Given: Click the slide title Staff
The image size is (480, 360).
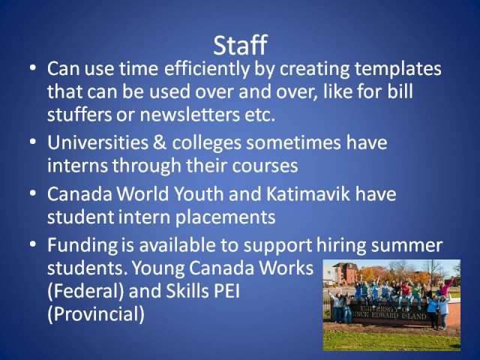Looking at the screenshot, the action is click(x=240, y=45).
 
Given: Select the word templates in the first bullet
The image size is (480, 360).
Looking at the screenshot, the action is click(x=398, y=69).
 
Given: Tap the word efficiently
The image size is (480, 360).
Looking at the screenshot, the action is click(x=207, y=69).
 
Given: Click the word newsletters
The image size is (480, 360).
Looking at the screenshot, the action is click(x=190, y=115).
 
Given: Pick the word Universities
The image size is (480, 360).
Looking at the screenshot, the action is click(x=98, y=142).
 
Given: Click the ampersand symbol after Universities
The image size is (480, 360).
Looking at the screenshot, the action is click(x=160, y=143).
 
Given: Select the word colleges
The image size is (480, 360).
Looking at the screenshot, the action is click(x=207, y=144).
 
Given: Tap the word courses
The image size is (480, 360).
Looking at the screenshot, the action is click(x=265, y=166).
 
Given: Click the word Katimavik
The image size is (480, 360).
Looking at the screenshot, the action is click(x=308, y=193).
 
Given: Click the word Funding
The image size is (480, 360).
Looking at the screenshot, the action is click(x=82, y=246).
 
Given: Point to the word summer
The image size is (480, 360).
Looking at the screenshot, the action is click(x=406, y=246).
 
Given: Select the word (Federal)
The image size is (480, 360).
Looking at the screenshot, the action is click(x=85, y=291).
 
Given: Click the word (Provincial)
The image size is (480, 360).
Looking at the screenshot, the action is click(x=96, y=314).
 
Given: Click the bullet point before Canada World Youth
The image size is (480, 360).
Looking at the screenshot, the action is click(x=33, y=194).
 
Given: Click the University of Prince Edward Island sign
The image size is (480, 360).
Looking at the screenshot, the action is click(x=388, y=312).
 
